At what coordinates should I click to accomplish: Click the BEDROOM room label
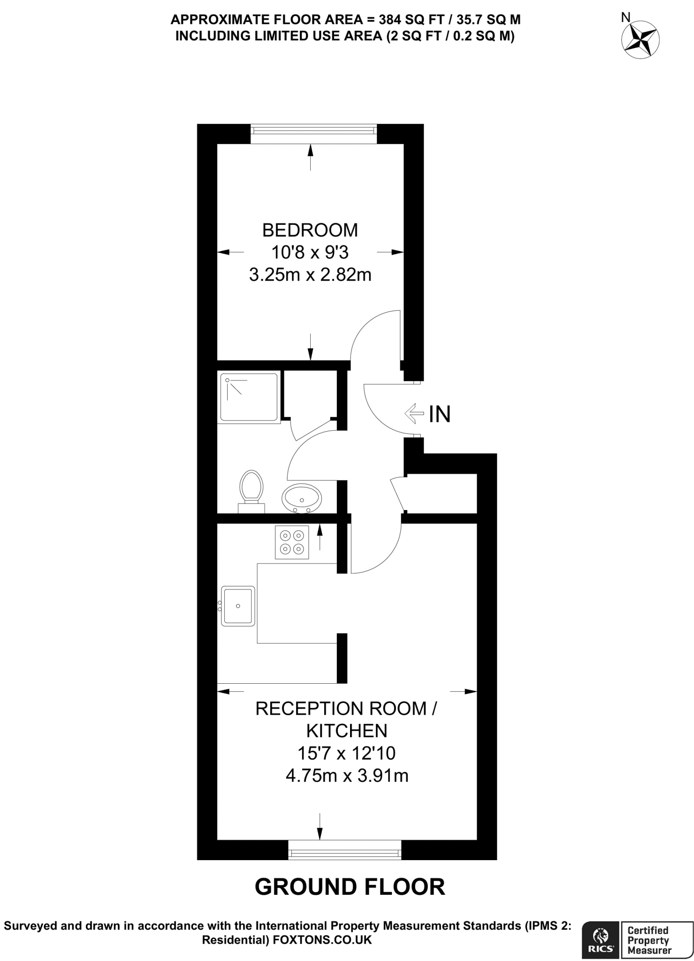310,230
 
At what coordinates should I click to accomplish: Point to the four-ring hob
292,542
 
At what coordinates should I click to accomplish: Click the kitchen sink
238,606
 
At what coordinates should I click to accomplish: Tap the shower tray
249,397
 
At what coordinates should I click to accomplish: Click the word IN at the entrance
440,414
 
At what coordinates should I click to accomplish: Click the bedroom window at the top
313,134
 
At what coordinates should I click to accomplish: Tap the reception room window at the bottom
345,849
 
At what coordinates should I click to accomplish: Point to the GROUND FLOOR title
350,887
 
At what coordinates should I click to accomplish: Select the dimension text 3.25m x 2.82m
310,275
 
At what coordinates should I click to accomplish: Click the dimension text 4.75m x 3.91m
347,776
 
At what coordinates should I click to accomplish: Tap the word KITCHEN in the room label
347,731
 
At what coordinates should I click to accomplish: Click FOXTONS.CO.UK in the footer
322,940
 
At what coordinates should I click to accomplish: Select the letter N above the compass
625,18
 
